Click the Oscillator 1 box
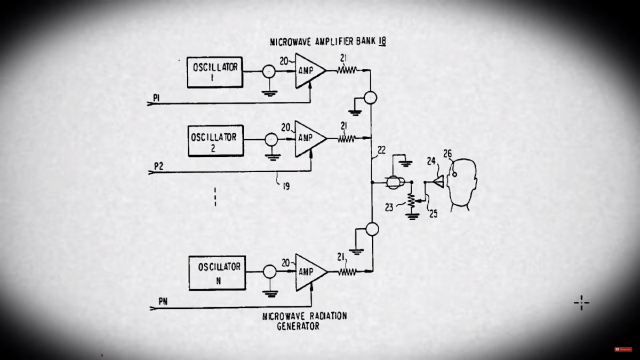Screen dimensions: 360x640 (215, 72)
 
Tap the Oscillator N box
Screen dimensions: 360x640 (216, 273)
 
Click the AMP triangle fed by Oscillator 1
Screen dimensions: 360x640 (308, 70)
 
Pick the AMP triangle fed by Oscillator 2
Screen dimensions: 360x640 (308, 138)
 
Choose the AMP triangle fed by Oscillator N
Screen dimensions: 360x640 (308, 271)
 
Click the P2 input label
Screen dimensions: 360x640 (158, 166)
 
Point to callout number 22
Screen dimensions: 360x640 (381, 150)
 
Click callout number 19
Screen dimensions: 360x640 (286, 187)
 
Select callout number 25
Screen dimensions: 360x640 (434, 214)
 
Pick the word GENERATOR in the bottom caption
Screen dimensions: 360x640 (298, 326)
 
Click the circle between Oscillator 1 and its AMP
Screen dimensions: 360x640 (269, 71)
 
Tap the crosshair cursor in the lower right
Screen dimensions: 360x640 (581, 303)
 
